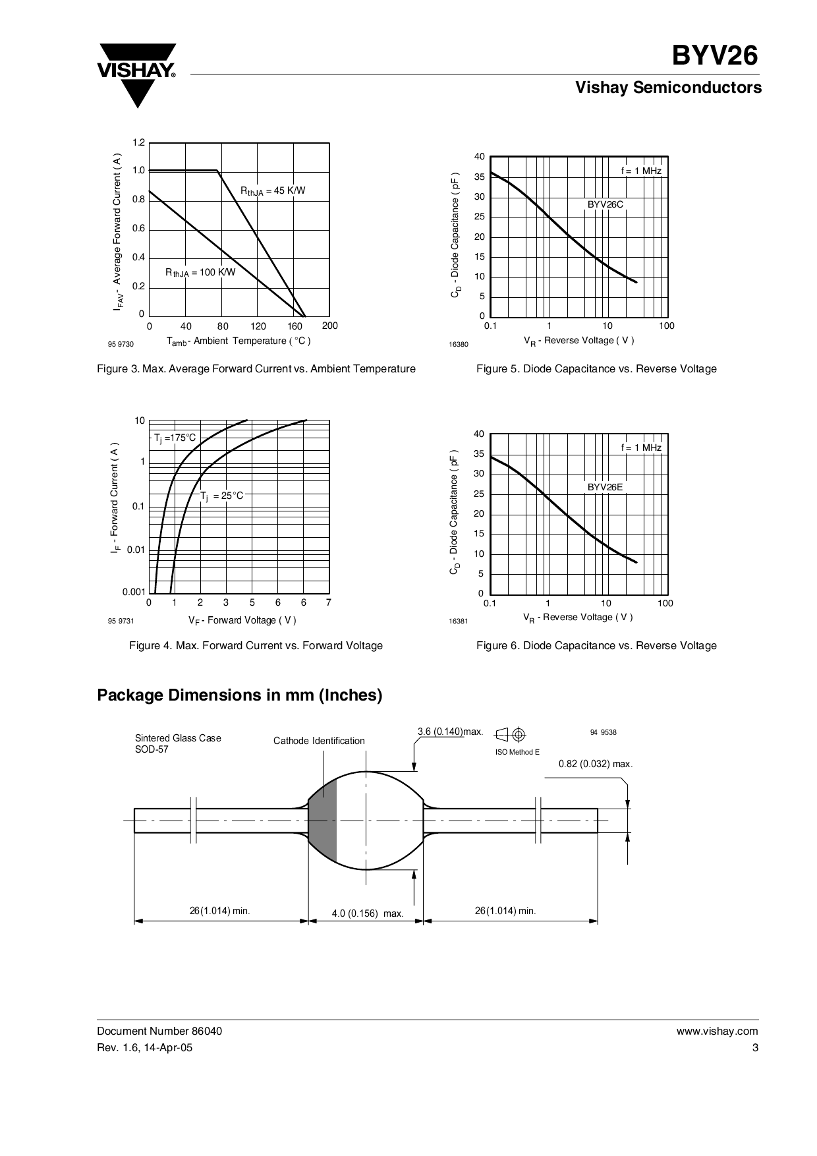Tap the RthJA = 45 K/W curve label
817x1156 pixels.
[x=273, y=191]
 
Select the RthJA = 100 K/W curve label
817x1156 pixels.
[x=200, y=272]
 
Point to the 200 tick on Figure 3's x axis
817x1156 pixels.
[x=329, y=326]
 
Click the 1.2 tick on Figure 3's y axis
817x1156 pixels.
[x=138, y=143]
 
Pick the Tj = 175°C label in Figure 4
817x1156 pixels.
[x=175, y=438]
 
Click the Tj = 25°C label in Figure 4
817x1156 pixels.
[x=222, y=496]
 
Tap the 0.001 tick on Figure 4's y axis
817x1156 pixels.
[x=133, y=592]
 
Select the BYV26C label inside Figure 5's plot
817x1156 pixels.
[x=605, y=205]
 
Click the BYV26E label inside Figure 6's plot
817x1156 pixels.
[x=605, y=487]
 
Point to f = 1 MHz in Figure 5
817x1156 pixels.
[x=641, y=171]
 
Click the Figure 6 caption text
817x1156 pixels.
[x=596, y=646]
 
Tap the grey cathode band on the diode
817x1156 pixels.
[x=323, y=821]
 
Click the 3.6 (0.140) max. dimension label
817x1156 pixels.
[x=450, y=732]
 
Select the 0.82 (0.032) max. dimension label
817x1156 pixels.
[x=595, y=764]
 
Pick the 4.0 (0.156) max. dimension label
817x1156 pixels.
[x=367, y=913]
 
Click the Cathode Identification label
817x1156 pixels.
[x=319, y=741]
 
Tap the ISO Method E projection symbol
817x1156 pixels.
[x=511, y=734]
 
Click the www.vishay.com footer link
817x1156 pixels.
[x=717, y=1031]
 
